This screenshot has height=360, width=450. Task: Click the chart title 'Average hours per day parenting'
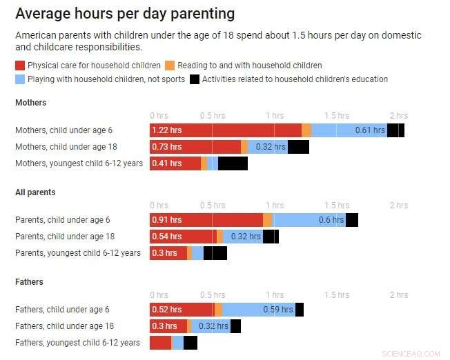click(125, 14)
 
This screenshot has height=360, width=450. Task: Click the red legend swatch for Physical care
click(20, 66)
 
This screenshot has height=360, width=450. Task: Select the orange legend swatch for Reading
click(170, 66)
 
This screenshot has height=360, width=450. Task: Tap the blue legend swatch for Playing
click(20, 79)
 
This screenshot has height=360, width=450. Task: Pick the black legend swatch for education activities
click(195, 79)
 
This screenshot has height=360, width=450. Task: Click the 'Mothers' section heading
click(31, 103)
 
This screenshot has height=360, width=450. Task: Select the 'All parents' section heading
click(35, 192)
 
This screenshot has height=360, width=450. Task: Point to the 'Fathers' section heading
click(29, 282)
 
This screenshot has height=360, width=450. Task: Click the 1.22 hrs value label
click(167, 130)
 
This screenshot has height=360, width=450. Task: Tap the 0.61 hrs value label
click(370, 130)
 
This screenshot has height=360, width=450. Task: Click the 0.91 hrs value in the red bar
click(167, 220)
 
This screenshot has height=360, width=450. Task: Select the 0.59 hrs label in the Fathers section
click(278, 310)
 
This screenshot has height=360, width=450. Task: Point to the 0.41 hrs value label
click(167, 163)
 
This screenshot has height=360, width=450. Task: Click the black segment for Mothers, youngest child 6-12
click(233, 163)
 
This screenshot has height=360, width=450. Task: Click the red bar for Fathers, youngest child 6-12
click(160, 343)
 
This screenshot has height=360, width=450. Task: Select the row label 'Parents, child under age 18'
click(65, 237)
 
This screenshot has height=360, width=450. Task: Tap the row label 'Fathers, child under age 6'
click(62, 310)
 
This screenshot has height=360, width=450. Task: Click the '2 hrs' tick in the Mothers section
click(398, 116)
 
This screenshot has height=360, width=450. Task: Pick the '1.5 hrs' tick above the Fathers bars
click(337, 295)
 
